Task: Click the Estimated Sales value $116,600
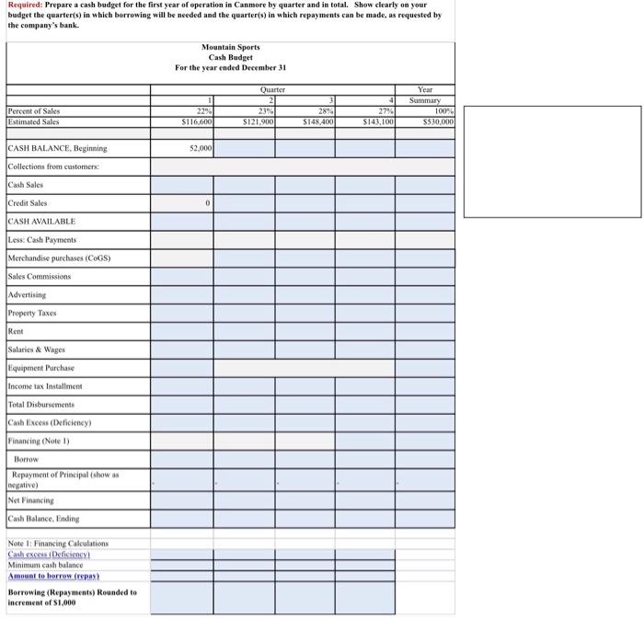click(x=197, y=121)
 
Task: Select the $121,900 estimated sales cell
click(x=257, y=121)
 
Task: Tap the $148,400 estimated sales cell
click(x=316, y=121)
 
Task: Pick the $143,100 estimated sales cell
click(x=377, y=121)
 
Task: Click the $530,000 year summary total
click(x=437, y=121)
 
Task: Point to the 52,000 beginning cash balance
click(x=201, y=148)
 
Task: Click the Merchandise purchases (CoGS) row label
click(x=59, y=258)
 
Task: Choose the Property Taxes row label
click(x=33, y=313)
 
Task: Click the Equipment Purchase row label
click(x=41, y=368)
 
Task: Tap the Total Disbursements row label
click(x=42, y=405)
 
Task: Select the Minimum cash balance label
click(x=44, y=564)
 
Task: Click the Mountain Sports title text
click(x=230, y=46)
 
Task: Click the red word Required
click(x=24, y=6)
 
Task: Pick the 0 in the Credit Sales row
click(x=209, y=203)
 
